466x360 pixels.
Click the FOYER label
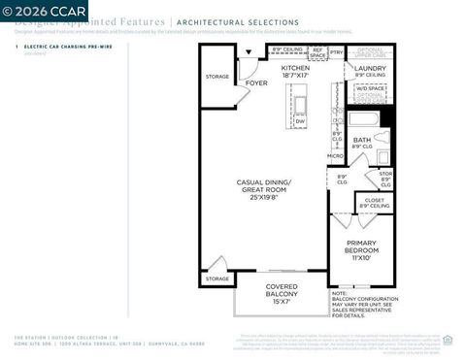(255, 83)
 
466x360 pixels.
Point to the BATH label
(362, 142)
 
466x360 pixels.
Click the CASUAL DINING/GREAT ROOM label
(264, 186)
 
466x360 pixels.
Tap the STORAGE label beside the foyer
(217, 76)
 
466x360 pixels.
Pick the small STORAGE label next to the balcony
(217, 278)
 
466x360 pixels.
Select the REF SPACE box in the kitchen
(317, 53)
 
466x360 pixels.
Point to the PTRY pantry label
(337, 51)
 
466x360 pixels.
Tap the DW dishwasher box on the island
(300, 121)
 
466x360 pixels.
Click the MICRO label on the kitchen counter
(335, 155)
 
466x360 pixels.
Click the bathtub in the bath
(361, 120)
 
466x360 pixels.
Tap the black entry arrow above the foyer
(250, 53)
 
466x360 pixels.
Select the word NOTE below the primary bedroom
(340, 291)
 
